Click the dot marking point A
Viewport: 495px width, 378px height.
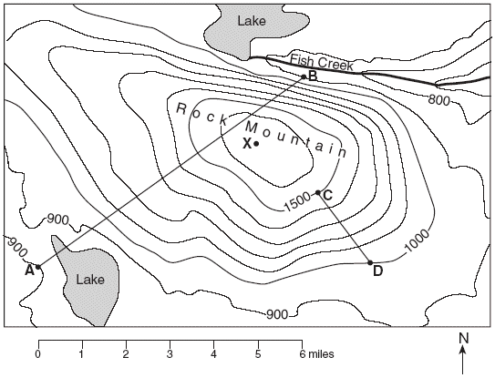38,267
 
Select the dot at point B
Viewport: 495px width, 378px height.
304,77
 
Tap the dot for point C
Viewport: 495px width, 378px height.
318,192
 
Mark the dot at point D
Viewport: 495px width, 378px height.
370,262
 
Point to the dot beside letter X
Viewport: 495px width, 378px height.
256,144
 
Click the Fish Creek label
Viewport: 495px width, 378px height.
322,62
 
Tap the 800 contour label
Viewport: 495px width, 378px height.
438,100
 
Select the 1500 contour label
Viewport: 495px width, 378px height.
297,203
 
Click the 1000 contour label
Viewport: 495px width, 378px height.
417,240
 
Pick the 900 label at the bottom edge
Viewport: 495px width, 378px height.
277,314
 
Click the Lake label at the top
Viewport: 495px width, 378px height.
252,21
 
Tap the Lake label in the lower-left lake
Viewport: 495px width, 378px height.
90,280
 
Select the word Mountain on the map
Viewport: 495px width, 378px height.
296,139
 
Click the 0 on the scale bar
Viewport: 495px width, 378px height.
38,354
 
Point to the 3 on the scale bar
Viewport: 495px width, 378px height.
170,354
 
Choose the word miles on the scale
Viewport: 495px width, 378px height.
321,354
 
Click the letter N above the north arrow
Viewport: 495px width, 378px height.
464,338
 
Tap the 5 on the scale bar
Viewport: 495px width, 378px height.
258,354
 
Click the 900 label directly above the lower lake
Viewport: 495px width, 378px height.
57,220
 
